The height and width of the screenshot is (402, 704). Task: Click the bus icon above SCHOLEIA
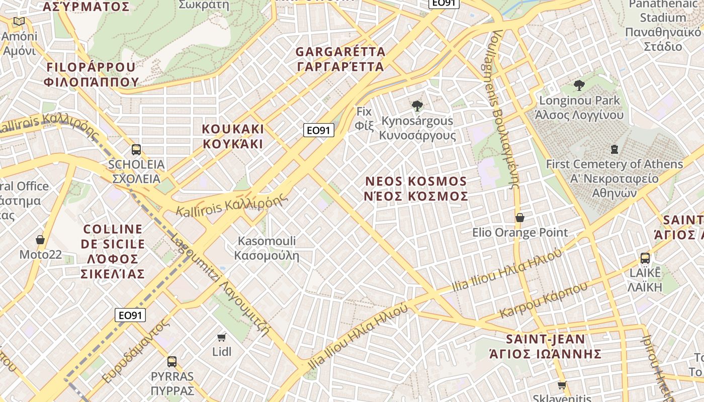tap(136, 149)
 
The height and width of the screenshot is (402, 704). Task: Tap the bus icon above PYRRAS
tap(172, 361)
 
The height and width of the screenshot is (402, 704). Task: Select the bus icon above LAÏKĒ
tap(645, 258)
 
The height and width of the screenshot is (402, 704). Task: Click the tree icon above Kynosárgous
tap(417, 106)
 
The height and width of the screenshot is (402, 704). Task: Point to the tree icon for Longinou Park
tap(579, 85)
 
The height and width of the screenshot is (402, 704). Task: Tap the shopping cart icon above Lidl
tap(221, 337)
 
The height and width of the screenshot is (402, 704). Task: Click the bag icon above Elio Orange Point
tap(520, 218)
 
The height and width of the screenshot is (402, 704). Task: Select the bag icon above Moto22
tap(40, 240)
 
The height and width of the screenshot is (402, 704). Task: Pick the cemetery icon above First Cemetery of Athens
tap(614, 149)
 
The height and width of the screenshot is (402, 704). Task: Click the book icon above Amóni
tap(19, 21)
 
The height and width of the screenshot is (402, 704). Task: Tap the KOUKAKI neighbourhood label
tap(233, 136)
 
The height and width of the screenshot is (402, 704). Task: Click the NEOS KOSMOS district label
tap(416, 188)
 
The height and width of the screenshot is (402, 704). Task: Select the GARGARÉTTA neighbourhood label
tap(340, 59)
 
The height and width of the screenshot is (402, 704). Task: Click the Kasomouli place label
tap(267, 248)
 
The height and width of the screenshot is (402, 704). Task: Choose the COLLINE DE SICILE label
tap(113, 251)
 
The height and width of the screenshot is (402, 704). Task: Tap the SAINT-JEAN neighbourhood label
tap(546, 346)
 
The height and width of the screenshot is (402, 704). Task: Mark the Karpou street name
tap(544, 300)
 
